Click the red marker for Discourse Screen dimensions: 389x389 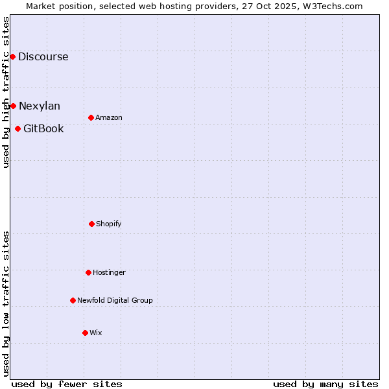[x=12, y=56]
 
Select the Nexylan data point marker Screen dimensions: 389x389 [x=13, y=106]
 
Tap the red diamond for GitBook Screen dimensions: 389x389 [x=18, y=128]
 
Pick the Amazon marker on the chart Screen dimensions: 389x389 [x=91, y=117]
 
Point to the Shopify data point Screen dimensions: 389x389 [x=91, y=224]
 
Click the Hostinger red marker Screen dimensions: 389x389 [x=88, y=272]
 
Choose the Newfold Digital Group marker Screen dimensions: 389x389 [x=73, y=300]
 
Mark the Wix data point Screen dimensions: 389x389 [x=85, y=333]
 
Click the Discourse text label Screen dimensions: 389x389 [x=43, y=56]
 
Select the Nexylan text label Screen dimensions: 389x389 [x=39, y=106]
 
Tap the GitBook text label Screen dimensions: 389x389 [x=43, y=128]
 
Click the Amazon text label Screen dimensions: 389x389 [x=109, y=117]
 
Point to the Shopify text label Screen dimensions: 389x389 [x=108, y=224]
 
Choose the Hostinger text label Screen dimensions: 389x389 [x=109, y=272]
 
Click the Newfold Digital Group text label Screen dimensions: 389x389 [x=115, y=300]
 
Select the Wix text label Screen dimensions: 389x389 [x=95, y=333]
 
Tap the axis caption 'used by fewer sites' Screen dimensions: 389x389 [x=67, y=384]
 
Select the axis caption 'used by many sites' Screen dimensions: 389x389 [x=325, y=384]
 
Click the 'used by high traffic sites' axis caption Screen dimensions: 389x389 [x=6, y=92]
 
